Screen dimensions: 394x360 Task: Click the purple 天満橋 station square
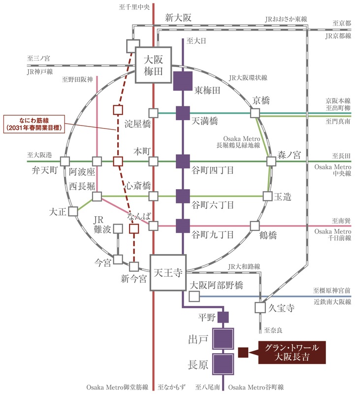click(183, 113)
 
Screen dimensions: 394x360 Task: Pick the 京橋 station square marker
click(255, 113)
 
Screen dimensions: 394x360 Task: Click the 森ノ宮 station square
click(271, 161)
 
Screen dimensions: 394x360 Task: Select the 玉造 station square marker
click(267, 196)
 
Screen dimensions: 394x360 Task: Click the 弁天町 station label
click(44, 171)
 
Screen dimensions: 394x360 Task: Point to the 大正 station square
click(73, 211)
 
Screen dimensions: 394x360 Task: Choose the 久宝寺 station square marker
click(260, 307)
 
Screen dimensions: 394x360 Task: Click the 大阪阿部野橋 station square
click(194, 296)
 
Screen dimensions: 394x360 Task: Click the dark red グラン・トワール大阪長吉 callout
click(292, 352)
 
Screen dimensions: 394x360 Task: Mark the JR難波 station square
click(118, 228)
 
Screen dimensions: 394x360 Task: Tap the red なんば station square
click(132, 228)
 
